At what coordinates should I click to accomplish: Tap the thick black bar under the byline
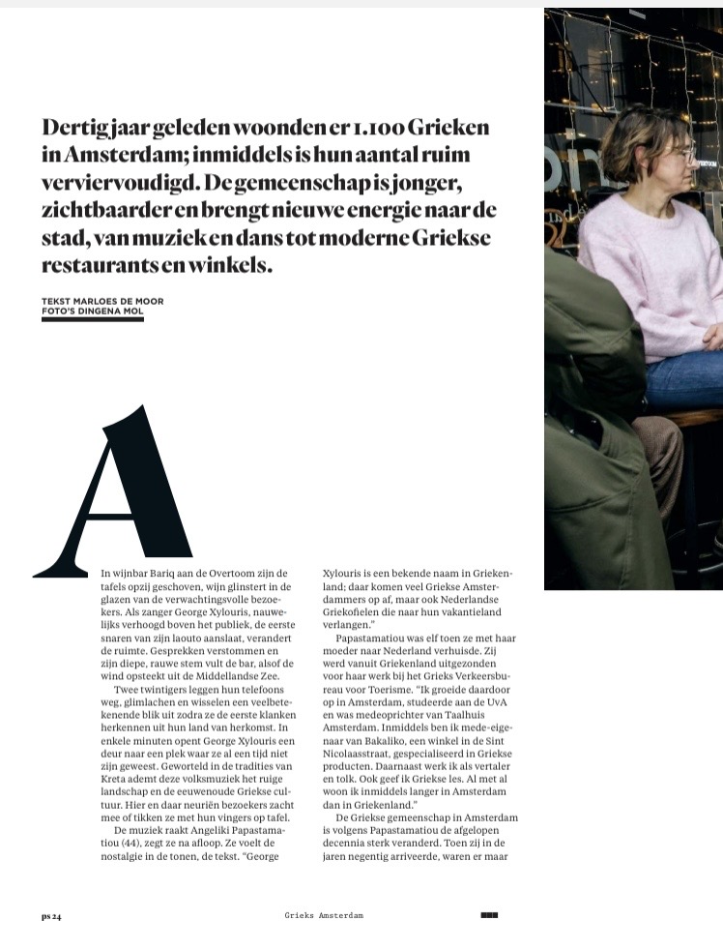pos(92,319)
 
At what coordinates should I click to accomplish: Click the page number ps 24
pos(51,915)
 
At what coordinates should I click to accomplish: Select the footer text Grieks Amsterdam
pos(324,915)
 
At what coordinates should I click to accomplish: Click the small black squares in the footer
pos(488,914)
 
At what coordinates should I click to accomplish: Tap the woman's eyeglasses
pos(681,152)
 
